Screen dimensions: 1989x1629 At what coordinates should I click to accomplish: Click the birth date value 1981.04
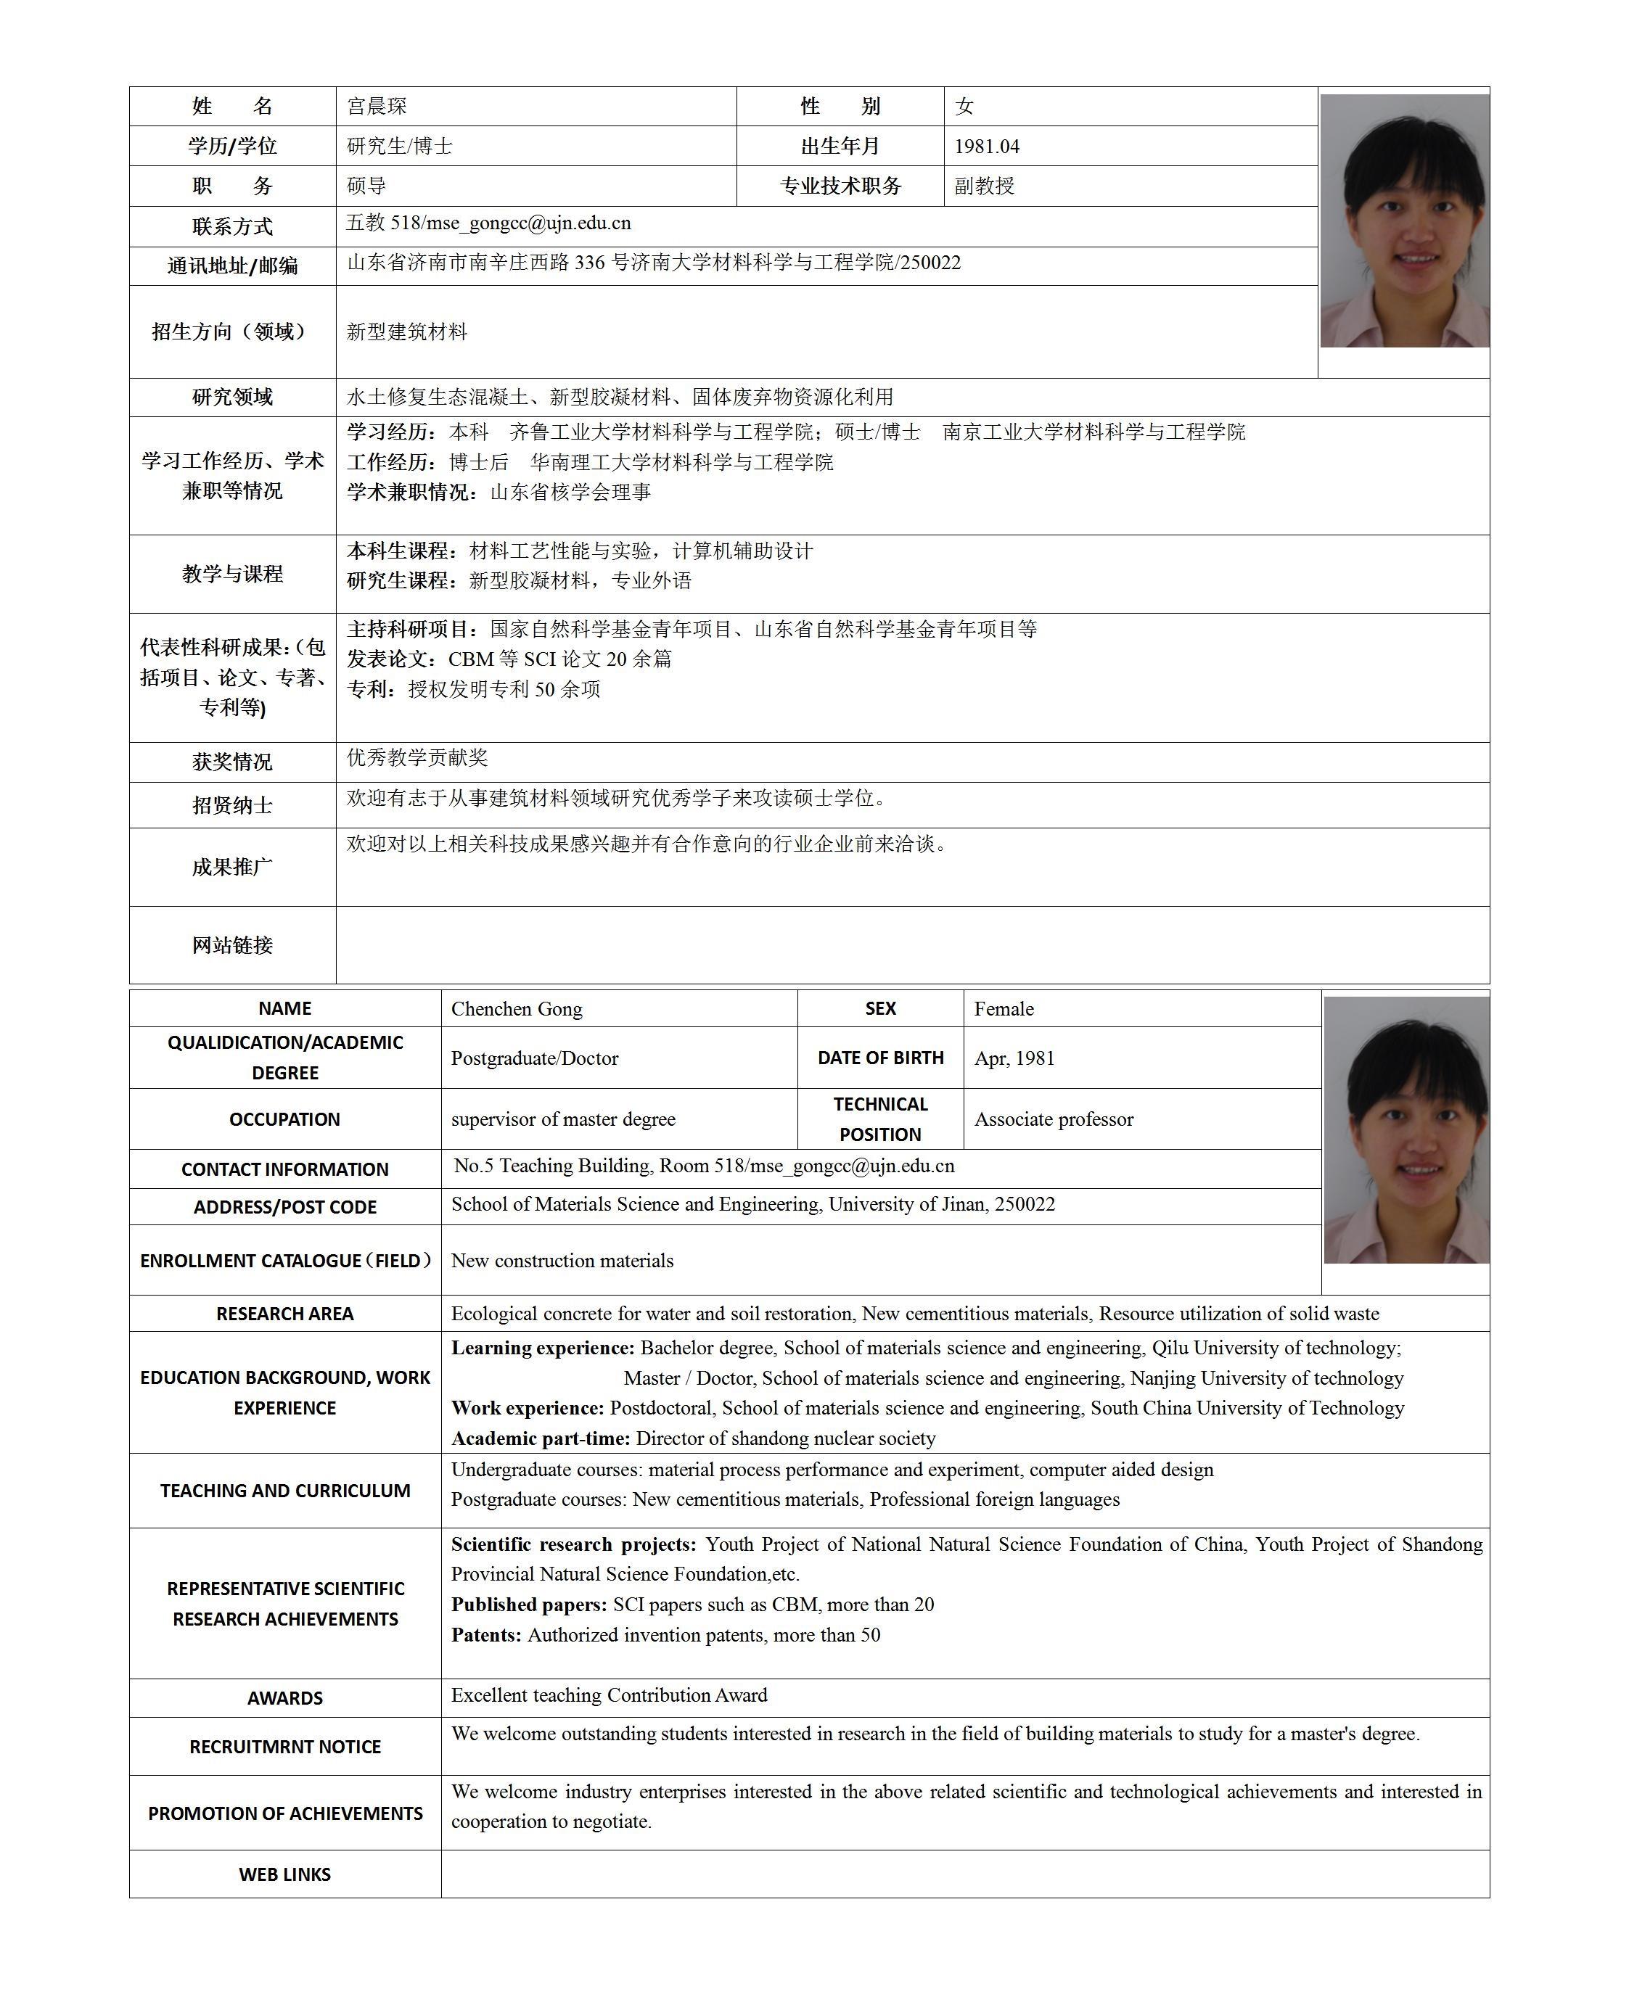click(986, 147)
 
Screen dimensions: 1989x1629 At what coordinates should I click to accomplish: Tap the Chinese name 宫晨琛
click(377, 106)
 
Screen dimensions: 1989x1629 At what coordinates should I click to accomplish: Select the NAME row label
click(284, 1008)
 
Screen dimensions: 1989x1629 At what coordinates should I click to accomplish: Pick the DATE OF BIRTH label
click(880, 1058)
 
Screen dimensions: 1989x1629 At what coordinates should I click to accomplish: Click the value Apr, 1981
click(1014, 1058)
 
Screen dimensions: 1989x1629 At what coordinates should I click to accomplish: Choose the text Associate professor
click(1054, 1119)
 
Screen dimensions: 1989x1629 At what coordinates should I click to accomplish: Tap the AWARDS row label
click(284, 1698)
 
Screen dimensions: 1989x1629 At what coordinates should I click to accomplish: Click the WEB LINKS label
click(284, 1874)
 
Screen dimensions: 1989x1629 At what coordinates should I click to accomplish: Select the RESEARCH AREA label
click(284, 1314)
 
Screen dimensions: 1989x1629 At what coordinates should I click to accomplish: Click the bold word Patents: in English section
click(486, 1634)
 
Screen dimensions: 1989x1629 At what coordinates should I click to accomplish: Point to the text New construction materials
click(562, 1261)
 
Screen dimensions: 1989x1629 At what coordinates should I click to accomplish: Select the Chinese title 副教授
click(985, 186)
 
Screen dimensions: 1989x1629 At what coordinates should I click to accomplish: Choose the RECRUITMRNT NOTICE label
click(284, 1747)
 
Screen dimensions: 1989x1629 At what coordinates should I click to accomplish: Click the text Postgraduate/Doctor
click(535, 1058)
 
